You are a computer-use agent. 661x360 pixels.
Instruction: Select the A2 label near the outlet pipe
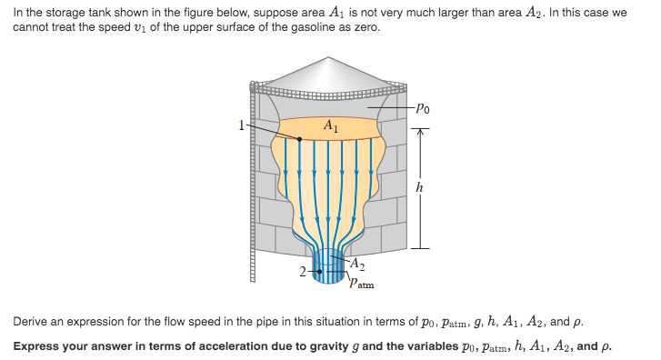tap(358, 265)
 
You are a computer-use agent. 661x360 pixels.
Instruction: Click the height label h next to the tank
tap(418, 187)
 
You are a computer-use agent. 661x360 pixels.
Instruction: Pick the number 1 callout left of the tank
tap(242, 125)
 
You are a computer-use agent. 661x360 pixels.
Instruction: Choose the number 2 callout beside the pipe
tap(304, 271)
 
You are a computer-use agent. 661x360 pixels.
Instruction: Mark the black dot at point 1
tap(300, 139)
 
